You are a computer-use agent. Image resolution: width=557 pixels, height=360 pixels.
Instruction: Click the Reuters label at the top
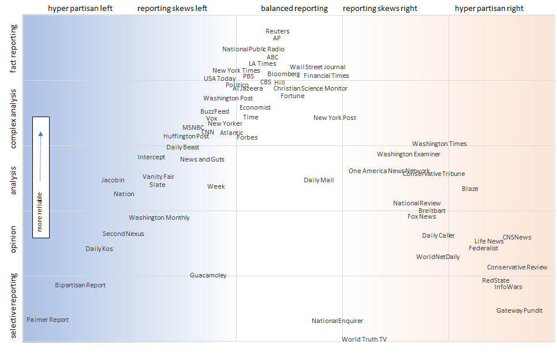tap(278, 31)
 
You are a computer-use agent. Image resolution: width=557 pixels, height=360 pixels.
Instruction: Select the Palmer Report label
tap(47, 320)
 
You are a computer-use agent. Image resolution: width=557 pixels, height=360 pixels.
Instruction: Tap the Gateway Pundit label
tap(519, 310)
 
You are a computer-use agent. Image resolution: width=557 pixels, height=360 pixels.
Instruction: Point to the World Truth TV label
tap(364, 339)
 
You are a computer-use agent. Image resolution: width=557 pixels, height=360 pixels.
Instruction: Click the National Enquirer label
tap(338, 321)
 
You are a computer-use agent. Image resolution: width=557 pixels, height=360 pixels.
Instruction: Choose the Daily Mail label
tap(319, 180)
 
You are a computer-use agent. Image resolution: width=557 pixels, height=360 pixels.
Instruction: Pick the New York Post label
tap(335, 118)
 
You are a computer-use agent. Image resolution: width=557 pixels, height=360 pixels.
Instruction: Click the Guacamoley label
tap(208, 275)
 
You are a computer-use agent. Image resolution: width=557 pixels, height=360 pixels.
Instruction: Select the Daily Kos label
tap(99, 249)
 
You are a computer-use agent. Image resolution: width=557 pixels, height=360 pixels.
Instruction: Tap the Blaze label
tap(470, 189)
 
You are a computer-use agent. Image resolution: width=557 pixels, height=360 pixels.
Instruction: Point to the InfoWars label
tap(508, 287)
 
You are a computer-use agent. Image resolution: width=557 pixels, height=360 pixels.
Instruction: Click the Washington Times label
tap(439, 144)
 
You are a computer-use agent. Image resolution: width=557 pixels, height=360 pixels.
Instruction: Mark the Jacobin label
tap(113, 180)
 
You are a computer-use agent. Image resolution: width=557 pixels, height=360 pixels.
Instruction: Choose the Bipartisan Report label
tap(80, 285)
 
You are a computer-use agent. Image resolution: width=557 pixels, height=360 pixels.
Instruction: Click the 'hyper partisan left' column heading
tap(80, 9)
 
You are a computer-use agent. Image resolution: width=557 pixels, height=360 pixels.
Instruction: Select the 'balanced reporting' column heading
tap(294, 9)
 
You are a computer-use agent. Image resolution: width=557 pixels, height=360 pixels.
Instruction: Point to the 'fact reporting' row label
tap(14, 49)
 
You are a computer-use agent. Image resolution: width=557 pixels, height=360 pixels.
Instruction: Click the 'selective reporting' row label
tap(14, 306)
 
